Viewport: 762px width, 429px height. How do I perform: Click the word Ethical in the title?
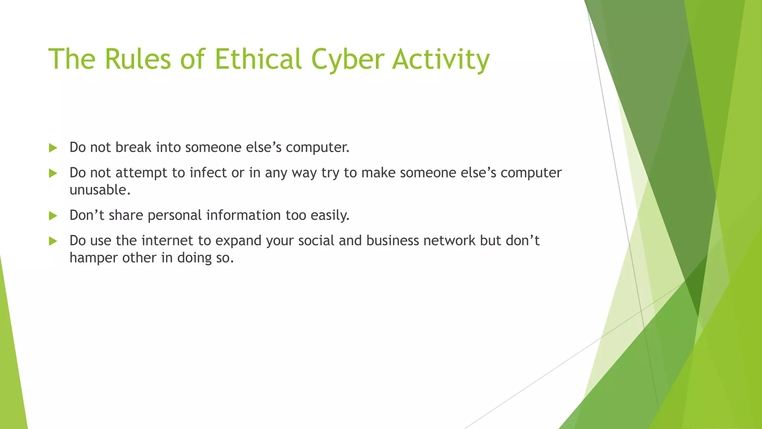click(x=257, y=59)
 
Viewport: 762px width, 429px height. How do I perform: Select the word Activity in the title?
click(x=441, y=59)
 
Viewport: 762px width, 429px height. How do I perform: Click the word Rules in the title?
click(x=137, y=59)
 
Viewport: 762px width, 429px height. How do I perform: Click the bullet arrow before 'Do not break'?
click(x=53, y=148)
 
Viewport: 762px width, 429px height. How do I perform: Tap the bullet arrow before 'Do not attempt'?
click(x=53, y=173)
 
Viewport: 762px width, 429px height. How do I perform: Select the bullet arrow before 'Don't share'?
click(x=53, y=216)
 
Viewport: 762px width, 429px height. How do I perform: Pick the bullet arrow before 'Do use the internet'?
click(x=53, y=241)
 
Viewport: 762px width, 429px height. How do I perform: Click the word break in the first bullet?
click(x=133, y=147)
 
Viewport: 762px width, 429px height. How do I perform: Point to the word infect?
click(x=208, y=172)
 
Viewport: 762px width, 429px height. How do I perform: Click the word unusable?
click(x=100, y=190)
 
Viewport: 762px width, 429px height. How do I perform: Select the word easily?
click(x=330, y=215)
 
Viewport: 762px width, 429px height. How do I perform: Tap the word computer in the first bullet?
click(x=317, y=147)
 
